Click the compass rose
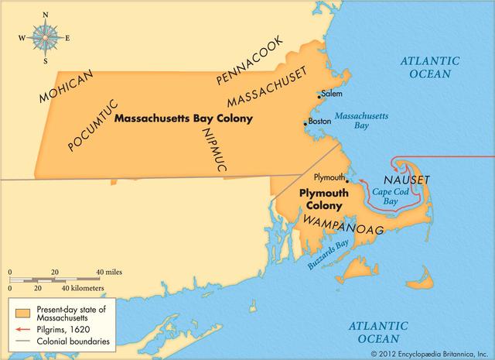tap(45, 36)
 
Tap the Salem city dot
tap(319, 97)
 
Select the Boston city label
tap(319, 122)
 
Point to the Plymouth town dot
tap(348, 181)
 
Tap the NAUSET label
tap(404, 180)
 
